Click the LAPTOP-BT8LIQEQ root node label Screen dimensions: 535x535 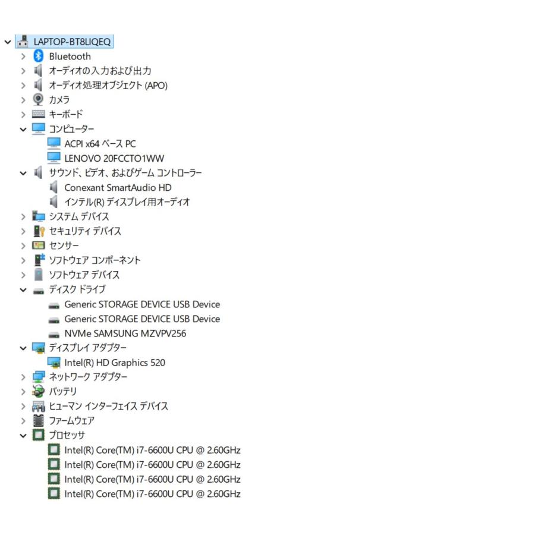click(72, 42)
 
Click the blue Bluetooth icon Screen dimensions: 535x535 click(38, 56)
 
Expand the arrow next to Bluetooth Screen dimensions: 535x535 click(23, 56)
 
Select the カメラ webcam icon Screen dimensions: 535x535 click(38, 100)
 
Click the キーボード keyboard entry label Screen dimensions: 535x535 click(66, 114)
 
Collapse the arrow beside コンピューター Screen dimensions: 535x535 click(23, 130)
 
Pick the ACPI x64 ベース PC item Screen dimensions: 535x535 click(100, 144)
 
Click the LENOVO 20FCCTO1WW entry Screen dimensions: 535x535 click(114, 158)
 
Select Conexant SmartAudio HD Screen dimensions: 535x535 click(118, 188)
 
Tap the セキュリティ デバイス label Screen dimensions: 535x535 click(85, 231)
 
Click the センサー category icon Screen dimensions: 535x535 click(38, 246)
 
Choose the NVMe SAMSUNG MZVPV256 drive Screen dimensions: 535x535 click(125, 333)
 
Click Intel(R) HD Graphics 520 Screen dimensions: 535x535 click(115, 363)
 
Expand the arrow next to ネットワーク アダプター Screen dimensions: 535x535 click(23, 377)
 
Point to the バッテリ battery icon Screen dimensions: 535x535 click(38, 391)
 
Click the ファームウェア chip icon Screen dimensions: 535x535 click(38, 420)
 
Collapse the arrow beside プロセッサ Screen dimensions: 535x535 click(23, 436)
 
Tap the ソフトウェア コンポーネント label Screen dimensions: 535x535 click(95, 260)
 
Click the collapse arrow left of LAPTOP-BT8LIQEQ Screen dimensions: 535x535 click(8, 42)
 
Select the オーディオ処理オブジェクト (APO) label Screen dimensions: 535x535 click(108, 85)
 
